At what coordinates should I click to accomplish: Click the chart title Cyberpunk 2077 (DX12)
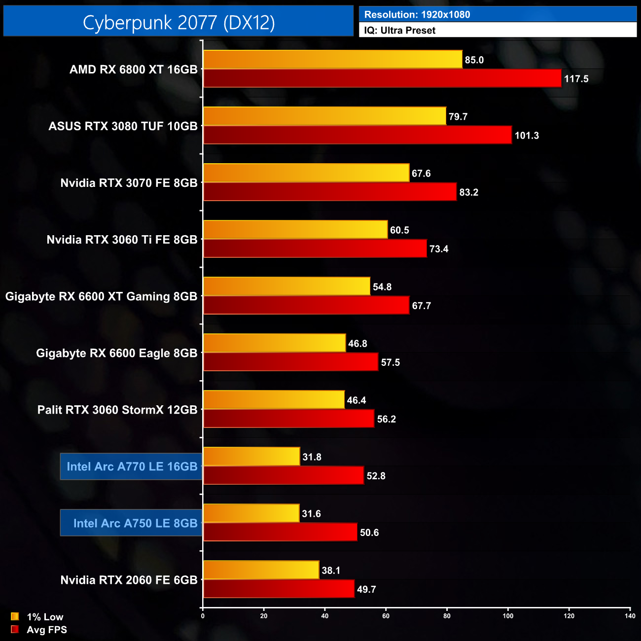[178, 22]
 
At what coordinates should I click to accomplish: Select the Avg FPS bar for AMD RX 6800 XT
[382, 78]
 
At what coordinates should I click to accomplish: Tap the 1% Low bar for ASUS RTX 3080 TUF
[324, 116]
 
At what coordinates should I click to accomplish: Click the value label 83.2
[468, 192]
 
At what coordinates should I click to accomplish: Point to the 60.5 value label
[399, 230]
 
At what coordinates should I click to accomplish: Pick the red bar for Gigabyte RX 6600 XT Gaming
[306, 305]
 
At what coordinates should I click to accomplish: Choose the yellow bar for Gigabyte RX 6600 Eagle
[275, 343]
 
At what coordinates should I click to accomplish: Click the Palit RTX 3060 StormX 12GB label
[117, 410]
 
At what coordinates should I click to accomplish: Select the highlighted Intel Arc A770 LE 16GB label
[132, 466]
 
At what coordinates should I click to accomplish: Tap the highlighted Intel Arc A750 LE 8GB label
[135, 523]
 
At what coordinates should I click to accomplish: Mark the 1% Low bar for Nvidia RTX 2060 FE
[261, 570]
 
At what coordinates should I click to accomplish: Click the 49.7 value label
[366, 589]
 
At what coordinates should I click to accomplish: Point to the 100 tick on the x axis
[508, 616]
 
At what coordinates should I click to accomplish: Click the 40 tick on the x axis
[325, 616]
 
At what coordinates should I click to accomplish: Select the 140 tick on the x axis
[630, 616]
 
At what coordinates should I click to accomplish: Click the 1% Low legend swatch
[15, 616]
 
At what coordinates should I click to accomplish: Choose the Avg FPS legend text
[47, 630]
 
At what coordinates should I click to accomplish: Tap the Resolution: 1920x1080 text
[417, 15]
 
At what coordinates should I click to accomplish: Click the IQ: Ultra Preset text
[400, 31]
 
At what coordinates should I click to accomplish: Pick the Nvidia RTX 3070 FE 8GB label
[129, 183]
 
